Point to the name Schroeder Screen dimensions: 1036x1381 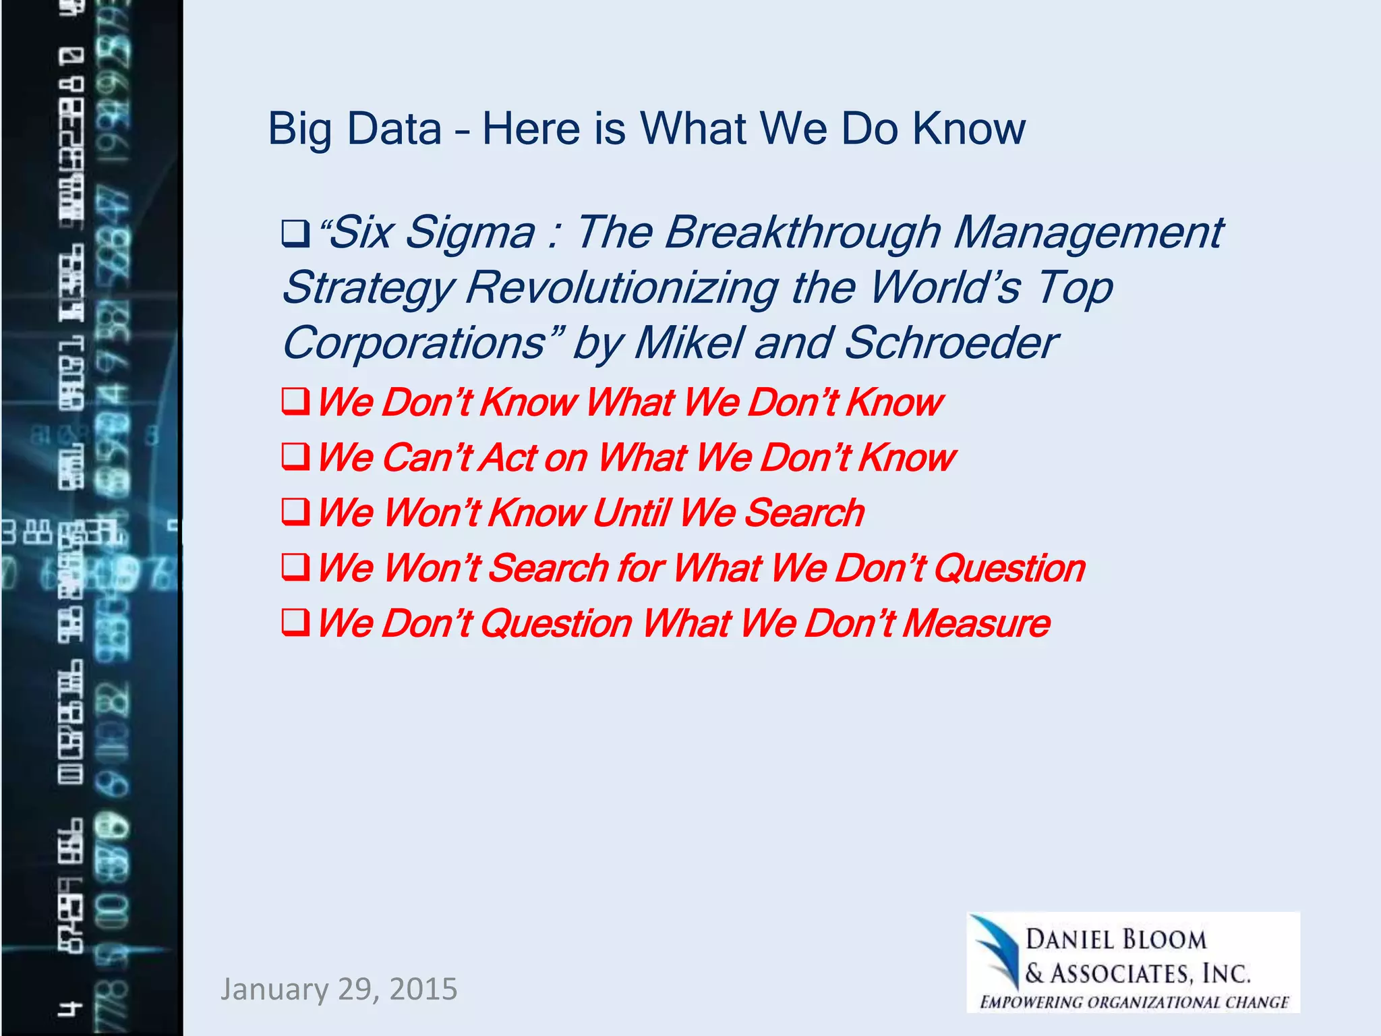951,343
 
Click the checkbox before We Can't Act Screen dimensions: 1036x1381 295,457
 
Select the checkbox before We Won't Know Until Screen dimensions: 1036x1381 295,513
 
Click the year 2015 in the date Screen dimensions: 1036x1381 423,989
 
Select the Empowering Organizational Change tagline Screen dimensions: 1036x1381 1134,1002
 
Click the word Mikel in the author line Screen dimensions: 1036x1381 688,343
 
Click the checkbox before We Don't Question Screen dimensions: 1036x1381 295,623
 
